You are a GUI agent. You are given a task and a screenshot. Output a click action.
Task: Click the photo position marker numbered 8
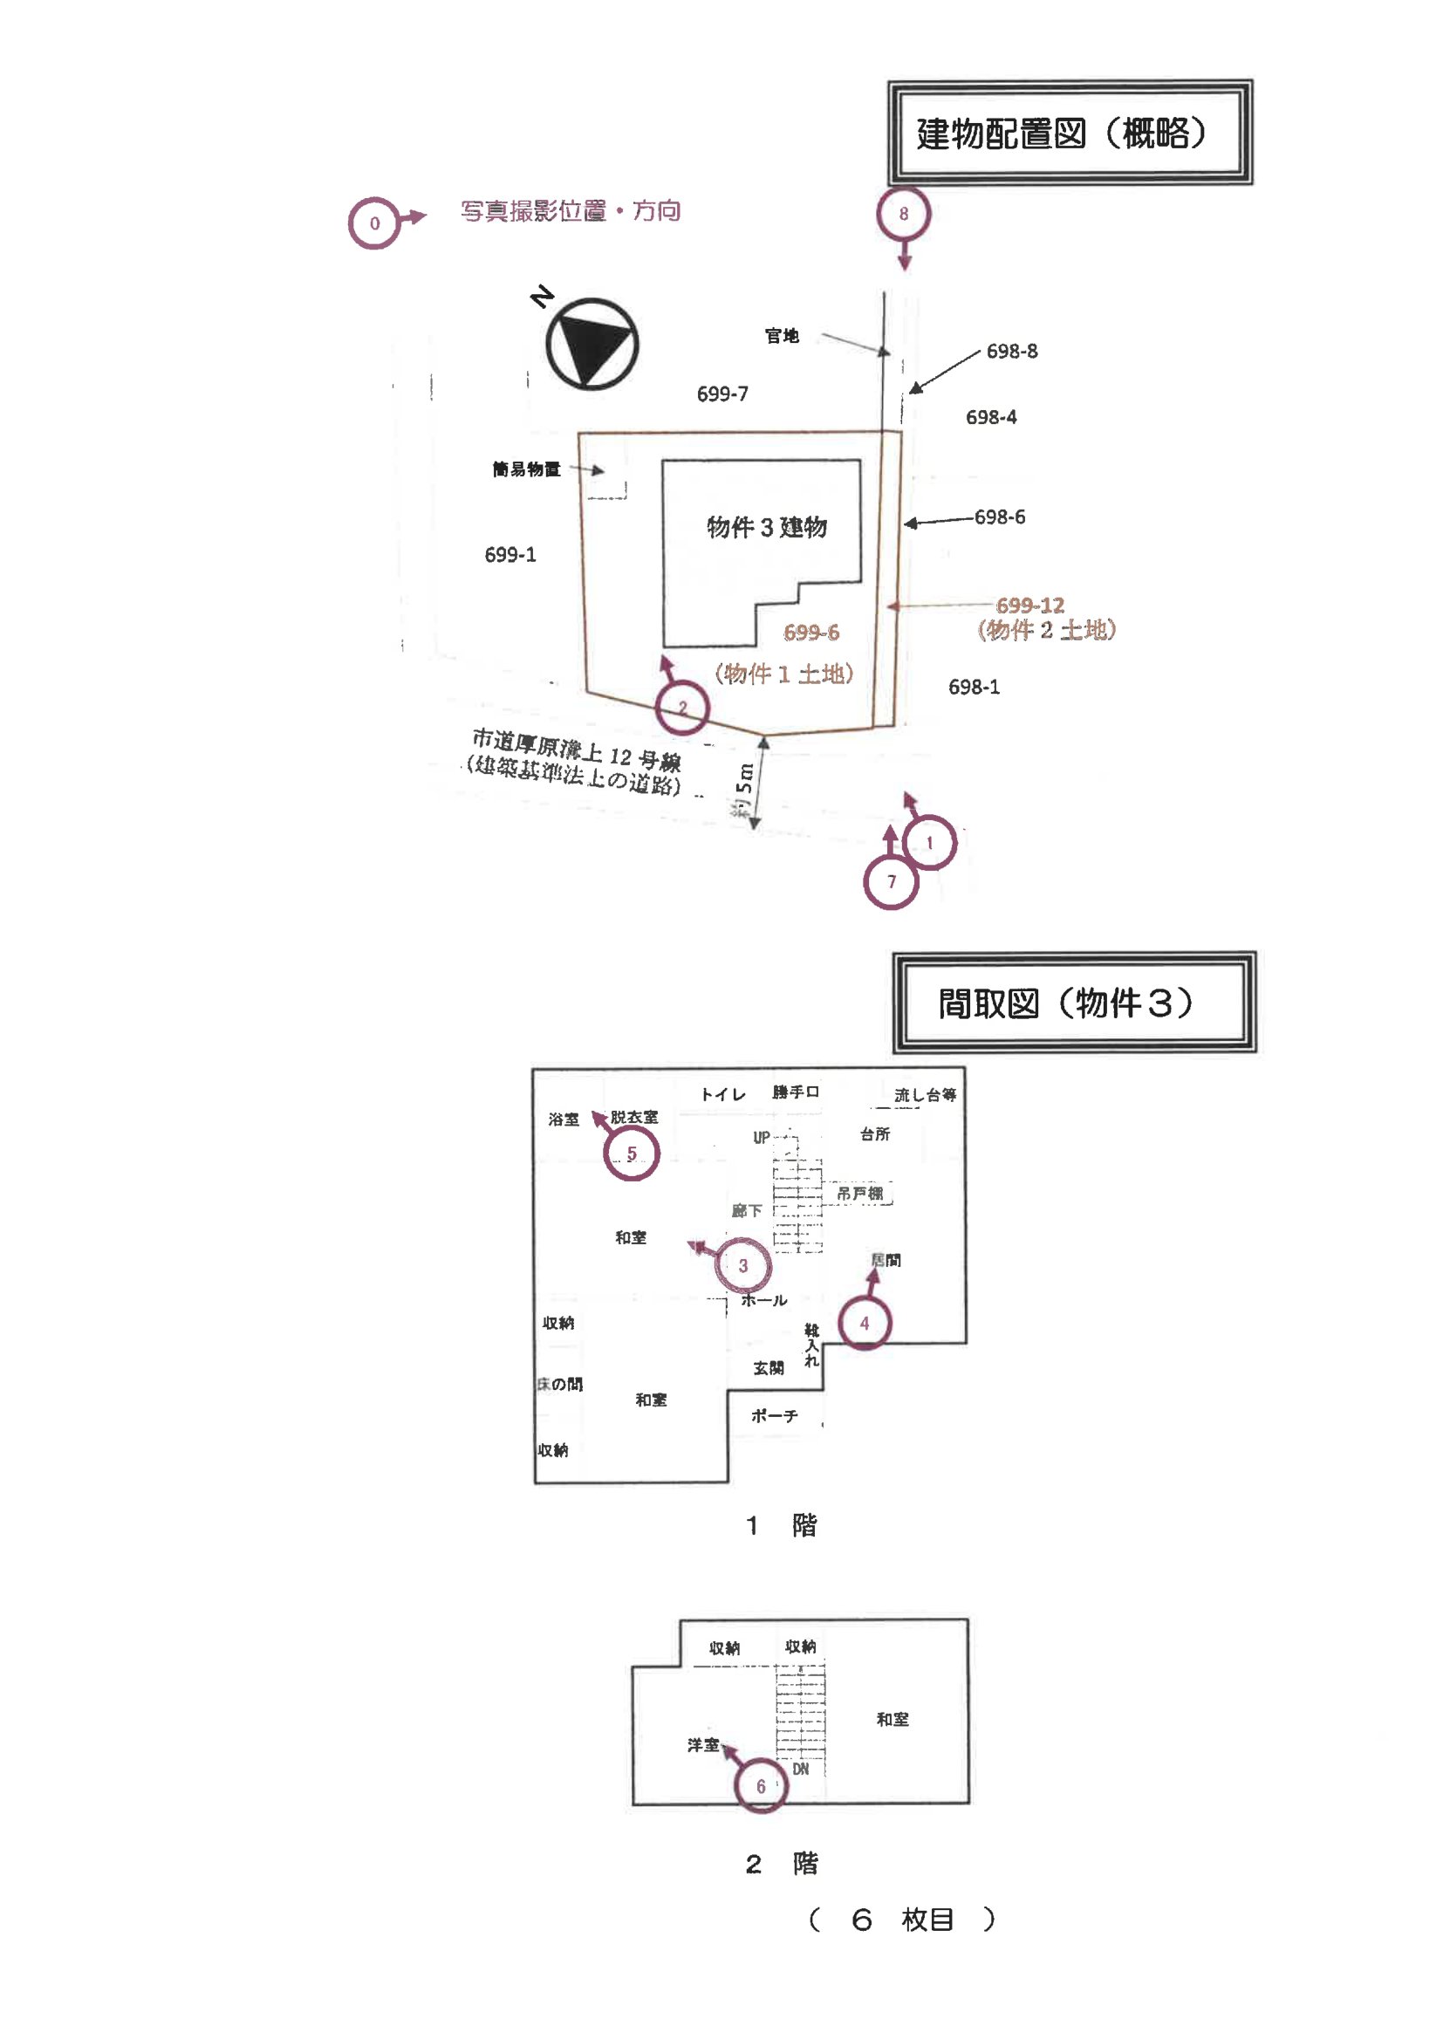903,213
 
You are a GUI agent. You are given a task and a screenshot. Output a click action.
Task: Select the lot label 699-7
721,394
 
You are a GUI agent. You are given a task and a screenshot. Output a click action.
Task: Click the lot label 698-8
1011,351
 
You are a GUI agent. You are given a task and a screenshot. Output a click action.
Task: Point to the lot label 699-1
510,554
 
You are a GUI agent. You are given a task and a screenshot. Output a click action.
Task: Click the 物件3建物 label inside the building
766,527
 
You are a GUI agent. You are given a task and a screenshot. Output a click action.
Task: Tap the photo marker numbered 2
681,708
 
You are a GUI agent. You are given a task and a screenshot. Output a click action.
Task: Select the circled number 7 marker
891,881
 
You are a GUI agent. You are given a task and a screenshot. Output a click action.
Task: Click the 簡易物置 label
526,469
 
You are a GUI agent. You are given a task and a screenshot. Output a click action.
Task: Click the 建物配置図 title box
1069,133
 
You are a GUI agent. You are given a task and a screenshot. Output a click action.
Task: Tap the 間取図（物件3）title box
1072,1003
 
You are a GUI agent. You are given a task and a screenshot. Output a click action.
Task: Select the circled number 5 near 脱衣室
631,1153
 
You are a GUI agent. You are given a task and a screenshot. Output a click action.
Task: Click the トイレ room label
722,1094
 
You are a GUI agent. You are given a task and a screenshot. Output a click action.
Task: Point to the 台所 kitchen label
874,1133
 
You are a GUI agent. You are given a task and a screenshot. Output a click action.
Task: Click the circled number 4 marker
864,1323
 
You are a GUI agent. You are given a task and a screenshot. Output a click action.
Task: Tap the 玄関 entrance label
769,1367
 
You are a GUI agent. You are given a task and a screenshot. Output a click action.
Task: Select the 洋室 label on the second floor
703,1745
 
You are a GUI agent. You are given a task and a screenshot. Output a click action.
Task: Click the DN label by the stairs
801,1769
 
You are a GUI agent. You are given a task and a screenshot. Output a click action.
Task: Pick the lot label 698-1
973,687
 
